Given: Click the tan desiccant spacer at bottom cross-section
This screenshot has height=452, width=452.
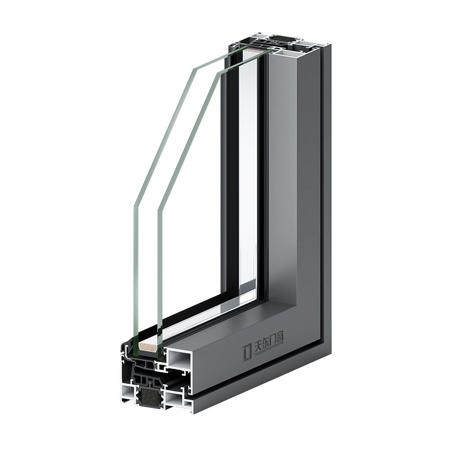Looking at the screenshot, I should pyautogui.click(x=148, y=347).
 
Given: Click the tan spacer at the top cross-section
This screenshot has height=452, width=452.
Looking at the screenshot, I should pyautogui.click(x=254, y=51).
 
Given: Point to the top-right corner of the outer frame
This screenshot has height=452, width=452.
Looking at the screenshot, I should pyautogui.click(x=331, y=45).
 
